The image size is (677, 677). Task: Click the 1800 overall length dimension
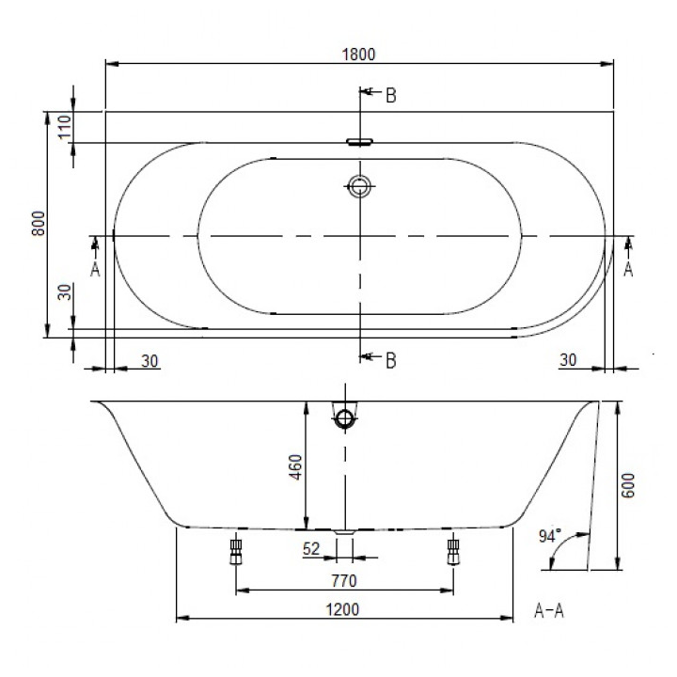coord(359,55)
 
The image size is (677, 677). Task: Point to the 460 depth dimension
coord(294,466)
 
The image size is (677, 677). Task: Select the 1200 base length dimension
coord(345,608)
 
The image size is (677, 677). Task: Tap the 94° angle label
coord(550,536)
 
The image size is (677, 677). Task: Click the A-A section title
coord(548,611)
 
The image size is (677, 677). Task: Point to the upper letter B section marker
coord(389,94)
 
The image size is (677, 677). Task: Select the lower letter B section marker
coord(389,358)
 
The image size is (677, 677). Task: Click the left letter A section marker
coord(94,269)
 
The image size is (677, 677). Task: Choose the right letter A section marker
coord(628,269)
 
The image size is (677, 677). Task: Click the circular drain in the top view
coord(359,186)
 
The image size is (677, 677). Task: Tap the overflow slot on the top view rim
coord(359,143)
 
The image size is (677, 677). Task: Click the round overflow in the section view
coord(345,417)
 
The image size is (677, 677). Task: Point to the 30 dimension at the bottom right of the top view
coord(569,358)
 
